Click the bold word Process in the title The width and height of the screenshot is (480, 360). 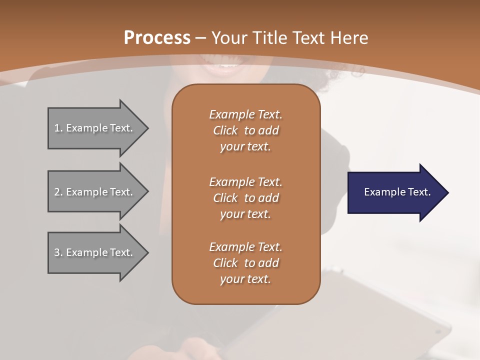tap(157, 38)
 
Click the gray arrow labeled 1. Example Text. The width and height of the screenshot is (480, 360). tap(95, 128)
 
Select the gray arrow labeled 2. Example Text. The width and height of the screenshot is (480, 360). tap(95, 192)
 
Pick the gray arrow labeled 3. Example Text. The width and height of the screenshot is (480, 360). tap(95, 252)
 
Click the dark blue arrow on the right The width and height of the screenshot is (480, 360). tap(395, 192)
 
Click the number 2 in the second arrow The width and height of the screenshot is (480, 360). tap(57, 192)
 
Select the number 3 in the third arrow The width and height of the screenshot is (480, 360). tap(57, 252)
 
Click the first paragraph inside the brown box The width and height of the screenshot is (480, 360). tap(245, 130)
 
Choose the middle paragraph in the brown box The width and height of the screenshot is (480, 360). tap(245, 197)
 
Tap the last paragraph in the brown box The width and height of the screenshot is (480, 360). tap(245, 263)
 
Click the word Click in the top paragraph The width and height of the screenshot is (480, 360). tap(225, 130)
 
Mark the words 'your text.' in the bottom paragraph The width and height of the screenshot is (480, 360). tap(245, 279)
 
